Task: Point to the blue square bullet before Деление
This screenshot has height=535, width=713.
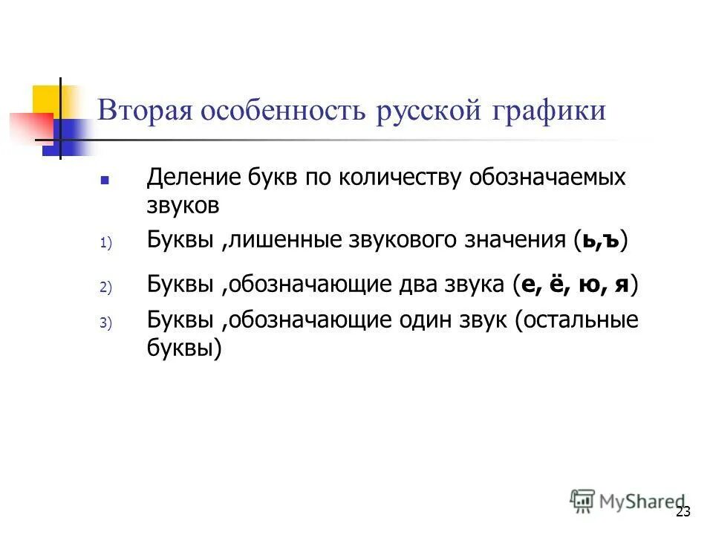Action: pos(105,181)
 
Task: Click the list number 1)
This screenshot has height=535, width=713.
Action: pos(105,243)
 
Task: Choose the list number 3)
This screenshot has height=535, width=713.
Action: pos(105,323)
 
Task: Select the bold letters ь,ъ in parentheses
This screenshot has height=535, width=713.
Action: pos(602,240)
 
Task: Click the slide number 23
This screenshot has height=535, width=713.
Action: pos(683,512)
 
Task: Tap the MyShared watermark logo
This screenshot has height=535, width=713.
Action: pos(628,499)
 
